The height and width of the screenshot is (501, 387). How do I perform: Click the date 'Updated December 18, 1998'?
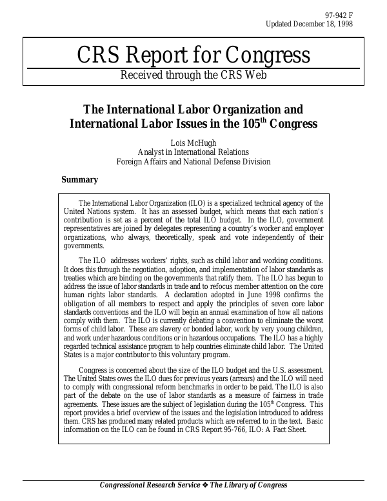pos(309,24)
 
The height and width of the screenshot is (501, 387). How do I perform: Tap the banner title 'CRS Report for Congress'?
pos(193,55)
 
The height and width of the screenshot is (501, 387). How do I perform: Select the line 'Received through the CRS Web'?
pos(193,75)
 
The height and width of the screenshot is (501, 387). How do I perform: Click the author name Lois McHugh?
pos(193,141)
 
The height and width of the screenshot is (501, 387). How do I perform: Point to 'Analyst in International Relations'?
pos(193,152)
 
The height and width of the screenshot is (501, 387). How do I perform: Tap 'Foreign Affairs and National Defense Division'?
pos(193,162)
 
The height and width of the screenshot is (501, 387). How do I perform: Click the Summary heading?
pos(79,180)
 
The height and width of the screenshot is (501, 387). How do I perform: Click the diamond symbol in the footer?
pos(205,486)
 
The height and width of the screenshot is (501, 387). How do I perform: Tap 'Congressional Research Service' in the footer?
pos(150,486)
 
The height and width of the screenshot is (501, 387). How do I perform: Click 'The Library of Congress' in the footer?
pos(248,486)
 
